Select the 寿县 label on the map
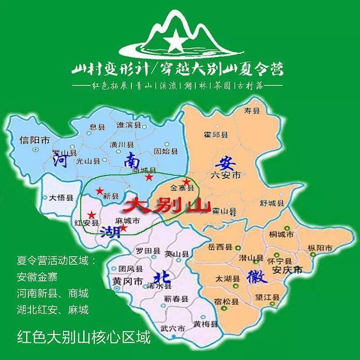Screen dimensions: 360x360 252,110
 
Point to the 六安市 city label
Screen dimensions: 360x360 226,175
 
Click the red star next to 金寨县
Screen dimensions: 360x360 186,182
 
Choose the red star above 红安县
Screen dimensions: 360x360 91,215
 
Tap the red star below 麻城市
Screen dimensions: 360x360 123,228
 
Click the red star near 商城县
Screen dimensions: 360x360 148,177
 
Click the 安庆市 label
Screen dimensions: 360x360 288,269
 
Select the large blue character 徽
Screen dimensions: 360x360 257,275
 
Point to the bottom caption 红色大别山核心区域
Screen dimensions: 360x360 83,337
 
